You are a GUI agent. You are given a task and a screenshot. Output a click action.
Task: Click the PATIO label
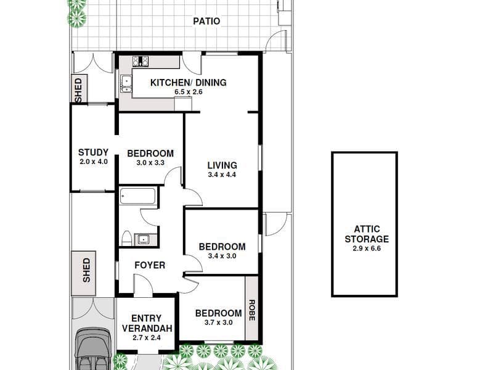tap(206, 22)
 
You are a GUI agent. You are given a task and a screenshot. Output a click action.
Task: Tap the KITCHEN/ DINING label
tap(189, 83)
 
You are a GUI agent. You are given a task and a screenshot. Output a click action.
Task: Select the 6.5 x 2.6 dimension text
tap(189, 92)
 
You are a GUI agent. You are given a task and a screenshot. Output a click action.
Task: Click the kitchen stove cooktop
tap(141, 61)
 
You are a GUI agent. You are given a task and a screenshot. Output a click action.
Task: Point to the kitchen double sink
tap(126, 84)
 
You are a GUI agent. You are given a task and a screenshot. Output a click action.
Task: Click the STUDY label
tap(93, 152)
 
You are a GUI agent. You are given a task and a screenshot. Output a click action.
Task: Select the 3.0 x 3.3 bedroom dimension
tap(150, 163)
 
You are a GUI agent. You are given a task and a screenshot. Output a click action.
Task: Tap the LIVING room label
tap(222, 165)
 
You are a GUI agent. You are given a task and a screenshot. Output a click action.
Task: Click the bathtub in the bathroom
tap(137, 195)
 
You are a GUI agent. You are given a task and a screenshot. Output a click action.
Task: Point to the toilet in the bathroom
tap(126, 239)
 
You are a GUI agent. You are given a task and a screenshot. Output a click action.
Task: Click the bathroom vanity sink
tap(144, 239)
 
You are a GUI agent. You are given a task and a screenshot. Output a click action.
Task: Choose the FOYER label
tap(150, 265)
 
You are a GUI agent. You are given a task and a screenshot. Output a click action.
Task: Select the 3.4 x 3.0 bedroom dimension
tap(222, 256)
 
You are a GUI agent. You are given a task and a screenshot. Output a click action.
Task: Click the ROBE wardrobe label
tap(251, 310)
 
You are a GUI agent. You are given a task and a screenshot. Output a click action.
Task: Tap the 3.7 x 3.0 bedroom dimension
tap(218, 323)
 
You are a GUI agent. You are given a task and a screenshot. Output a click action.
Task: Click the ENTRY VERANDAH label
tap(147, 323)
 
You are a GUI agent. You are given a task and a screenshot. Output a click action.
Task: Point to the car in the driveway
tap(94, 348)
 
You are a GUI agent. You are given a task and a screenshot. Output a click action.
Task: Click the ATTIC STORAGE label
tap(367, 234)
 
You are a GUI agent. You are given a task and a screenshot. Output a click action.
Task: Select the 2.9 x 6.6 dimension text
tap(367, 249)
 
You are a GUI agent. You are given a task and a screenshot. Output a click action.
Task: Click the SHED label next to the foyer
tap(86, 270)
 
